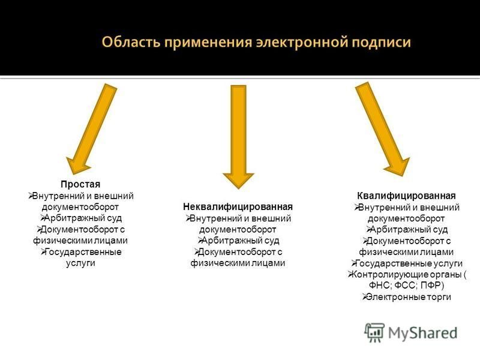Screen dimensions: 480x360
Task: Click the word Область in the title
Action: (x=131, y=41)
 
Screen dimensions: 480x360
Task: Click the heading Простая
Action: (x=80, y=184)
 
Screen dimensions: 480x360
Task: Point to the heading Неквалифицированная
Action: (x=238, y=206)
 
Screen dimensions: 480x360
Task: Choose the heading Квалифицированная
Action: (x=406, y=196)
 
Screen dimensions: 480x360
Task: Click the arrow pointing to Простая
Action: (x=92, y=129)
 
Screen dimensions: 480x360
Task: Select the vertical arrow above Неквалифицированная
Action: (x=238, y=137)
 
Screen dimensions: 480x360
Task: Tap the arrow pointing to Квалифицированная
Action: (x=382, y=129)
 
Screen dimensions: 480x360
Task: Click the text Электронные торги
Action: (x=409, y=296)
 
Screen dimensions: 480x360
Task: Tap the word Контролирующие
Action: (x=388, y=274)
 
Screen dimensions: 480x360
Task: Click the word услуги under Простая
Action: (x=80, y=263)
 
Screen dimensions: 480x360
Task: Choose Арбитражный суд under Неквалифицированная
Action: (x=241, y=241)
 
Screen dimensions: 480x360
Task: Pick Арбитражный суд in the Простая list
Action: (x=83, y=218)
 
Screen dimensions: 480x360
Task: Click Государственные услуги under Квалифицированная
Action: (x=409, y=263)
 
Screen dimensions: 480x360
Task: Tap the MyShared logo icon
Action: (x=374, y=332)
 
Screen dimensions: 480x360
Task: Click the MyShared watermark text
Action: (x=423, y=333)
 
